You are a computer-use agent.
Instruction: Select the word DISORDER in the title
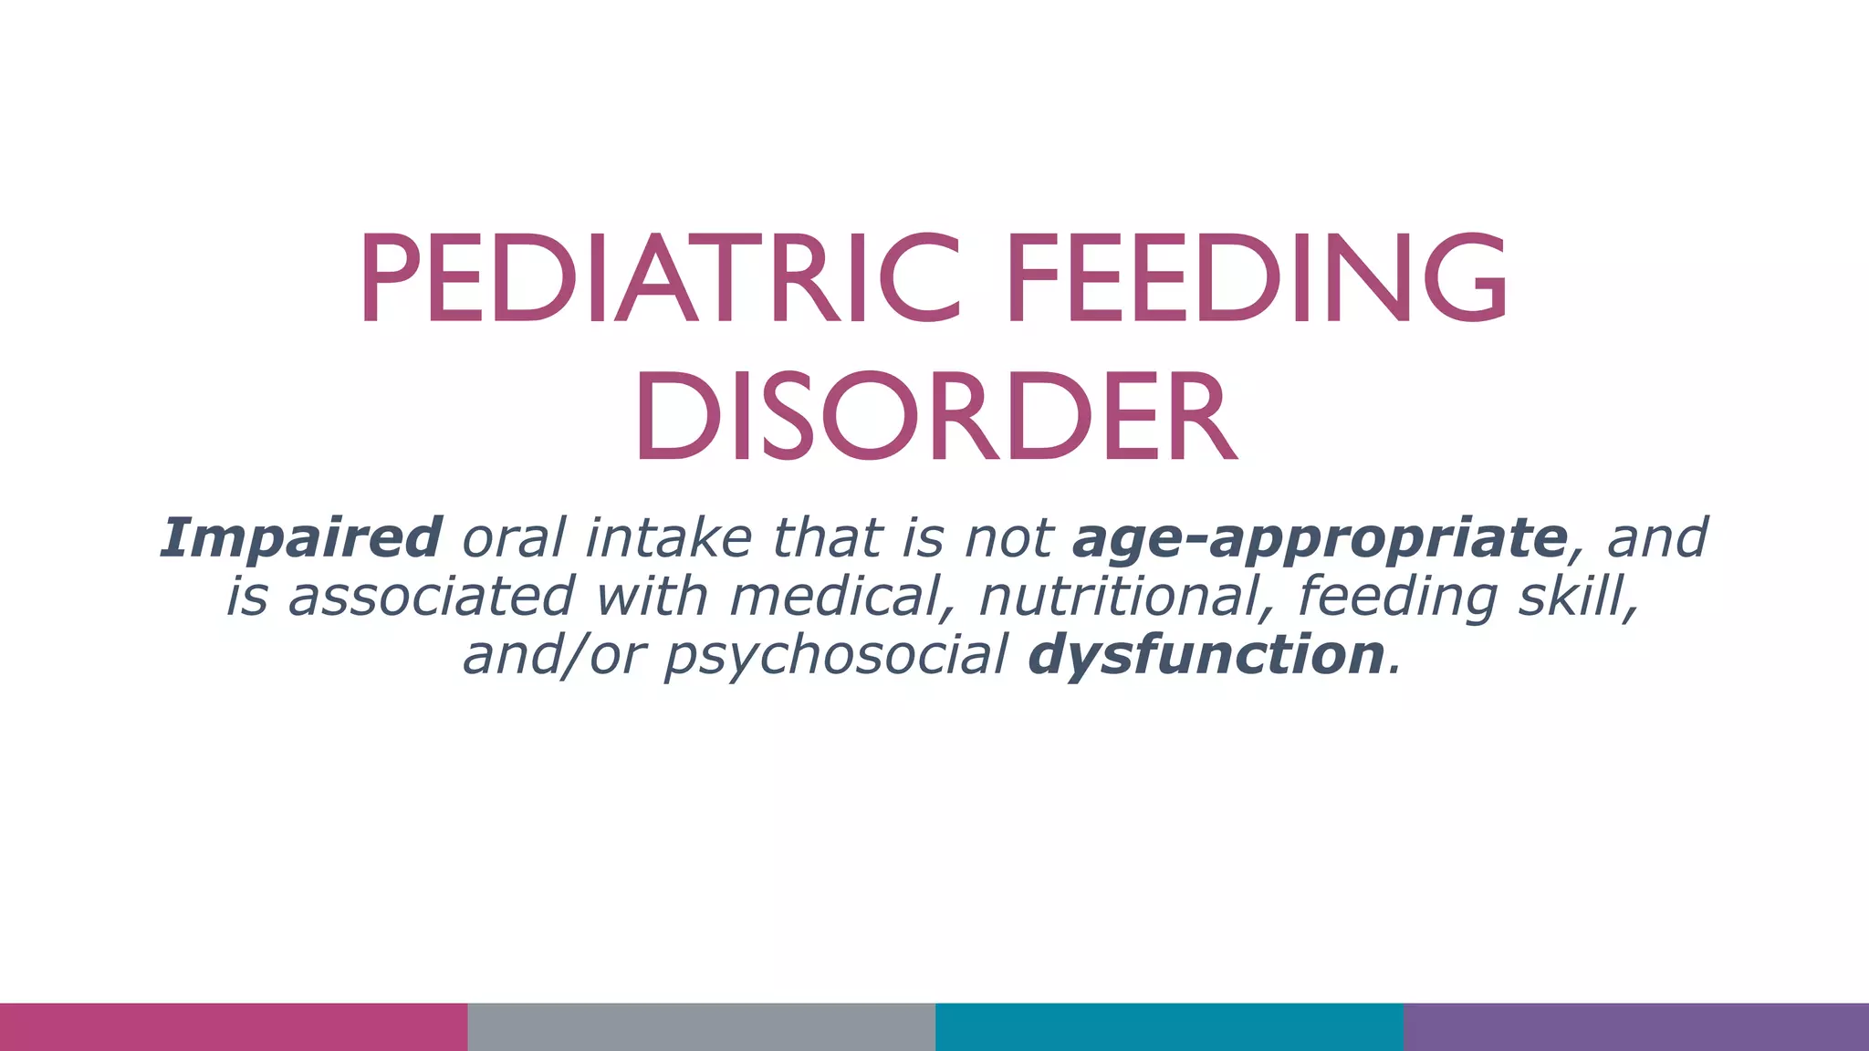(934, 416)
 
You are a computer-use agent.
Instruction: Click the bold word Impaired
(301, 537)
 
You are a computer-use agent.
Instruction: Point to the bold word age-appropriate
(1320, 539)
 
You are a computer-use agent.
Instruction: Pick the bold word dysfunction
(1206, 655)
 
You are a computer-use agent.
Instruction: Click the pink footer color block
(234, 1027)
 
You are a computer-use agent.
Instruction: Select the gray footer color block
(701, 1027)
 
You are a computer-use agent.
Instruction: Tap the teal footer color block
(1169, 1027)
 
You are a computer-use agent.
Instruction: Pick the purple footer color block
(1635, 1027)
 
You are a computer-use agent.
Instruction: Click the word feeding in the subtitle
(1397, 598)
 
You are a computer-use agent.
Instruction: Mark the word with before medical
(652, 596)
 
